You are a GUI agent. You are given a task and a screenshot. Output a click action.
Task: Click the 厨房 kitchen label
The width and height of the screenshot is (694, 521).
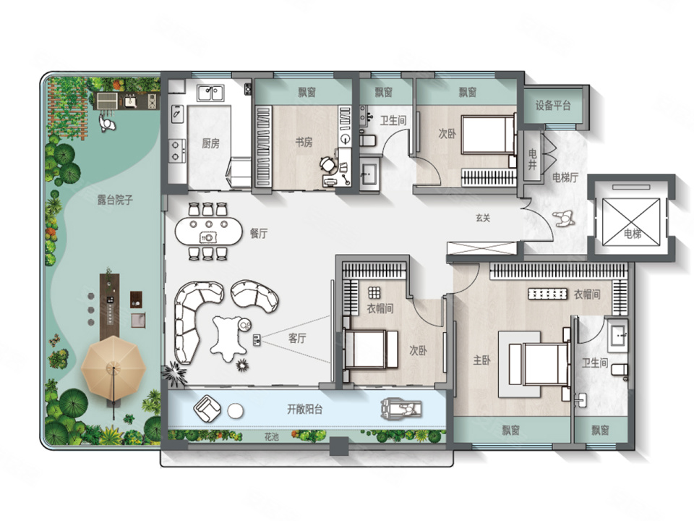(x=210, y=143)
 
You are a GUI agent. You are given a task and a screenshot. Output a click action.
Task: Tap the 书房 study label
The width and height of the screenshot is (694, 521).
(x=304, y=143)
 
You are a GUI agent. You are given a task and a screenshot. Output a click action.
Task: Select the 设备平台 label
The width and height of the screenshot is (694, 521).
(x=553, y=106)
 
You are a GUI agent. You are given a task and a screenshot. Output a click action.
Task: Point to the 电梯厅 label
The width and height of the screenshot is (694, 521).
(x=565, y=178)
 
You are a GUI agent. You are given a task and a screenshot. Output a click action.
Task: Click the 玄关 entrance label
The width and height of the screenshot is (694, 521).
(x=483, y=218)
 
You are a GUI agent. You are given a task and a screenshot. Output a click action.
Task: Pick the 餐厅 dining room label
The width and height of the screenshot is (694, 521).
(x=259, y=233)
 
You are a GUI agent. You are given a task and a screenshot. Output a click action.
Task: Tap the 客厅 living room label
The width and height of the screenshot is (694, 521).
(x=297, y=339)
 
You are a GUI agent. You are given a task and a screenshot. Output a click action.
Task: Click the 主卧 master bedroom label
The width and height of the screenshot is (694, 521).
(x=481, y=360)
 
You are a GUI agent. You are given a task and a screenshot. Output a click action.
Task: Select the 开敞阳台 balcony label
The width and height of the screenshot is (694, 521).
(x=304, y=410)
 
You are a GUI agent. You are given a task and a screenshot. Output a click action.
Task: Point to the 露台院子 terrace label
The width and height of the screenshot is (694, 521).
(x=115, y=200)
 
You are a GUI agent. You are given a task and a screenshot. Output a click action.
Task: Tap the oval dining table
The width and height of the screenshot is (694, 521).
(x=209, y=232)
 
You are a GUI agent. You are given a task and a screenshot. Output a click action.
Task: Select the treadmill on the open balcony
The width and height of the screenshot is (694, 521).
(x=401, y=409)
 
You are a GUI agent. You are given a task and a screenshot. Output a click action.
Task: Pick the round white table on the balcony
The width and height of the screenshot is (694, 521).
(x=236, y=411)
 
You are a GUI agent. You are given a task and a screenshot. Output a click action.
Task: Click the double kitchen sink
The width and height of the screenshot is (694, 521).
(x=210, y=93)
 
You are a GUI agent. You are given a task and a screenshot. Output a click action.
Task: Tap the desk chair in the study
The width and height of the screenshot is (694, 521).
(x=328, y=165)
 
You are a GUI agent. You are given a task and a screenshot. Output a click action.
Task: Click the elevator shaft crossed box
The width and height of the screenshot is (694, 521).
(x=631, y=221)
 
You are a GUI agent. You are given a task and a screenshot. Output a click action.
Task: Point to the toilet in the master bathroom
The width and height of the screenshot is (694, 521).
(x=620, y=370)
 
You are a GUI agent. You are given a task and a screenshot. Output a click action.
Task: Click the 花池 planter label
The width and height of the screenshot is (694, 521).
(x=271, y=437)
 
